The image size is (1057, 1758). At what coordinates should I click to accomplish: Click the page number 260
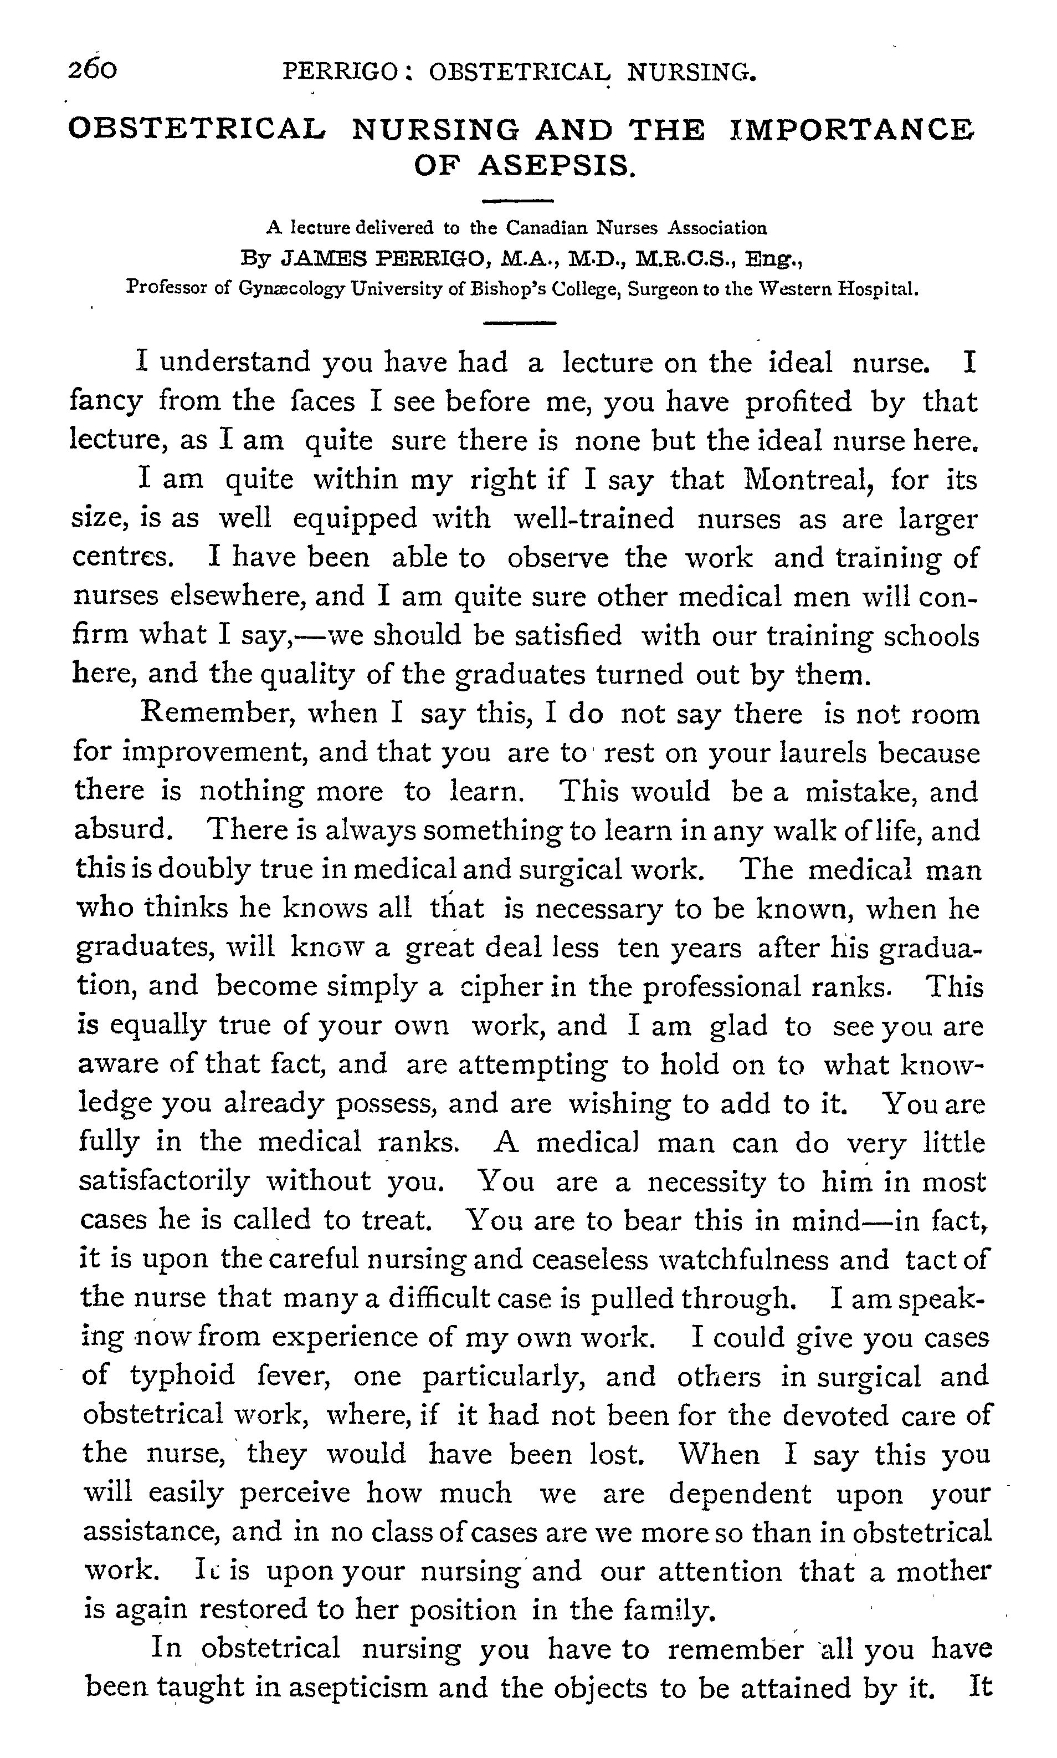click(x=93, y=70)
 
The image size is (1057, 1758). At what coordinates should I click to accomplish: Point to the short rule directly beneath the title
click(x=518, y=200)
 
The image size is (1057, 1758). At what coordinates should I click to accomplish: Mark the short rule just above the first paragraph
click(x=518, y=324)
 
